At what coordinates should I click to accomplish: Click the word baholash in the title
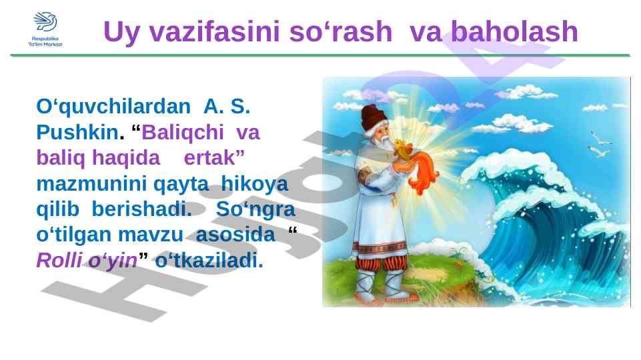(x=514, y=31)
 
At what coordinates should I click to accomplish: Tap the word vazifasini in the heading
(x=214, y=31)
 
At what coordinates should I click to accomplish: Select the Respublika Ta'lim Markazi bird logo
(x=45, y=22)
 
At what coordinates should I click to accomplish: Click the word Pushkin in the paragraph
(x=77, y=132)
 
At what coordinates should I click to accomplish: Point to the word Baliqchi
(x=182, y=133)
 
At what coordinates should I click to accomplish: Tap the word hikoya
(x=254, y=184)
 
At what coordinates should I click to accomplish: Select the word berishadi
(x=141, y=209)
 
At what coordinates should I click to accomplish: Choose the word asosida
(x=235, y=235)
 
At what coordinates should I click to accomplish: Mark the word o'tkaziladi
(x=209, y=260)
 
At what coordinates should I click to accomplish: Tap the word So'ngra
(x=255, y=209)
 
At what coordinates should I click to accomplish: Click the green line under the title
(x=320, y=55)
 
